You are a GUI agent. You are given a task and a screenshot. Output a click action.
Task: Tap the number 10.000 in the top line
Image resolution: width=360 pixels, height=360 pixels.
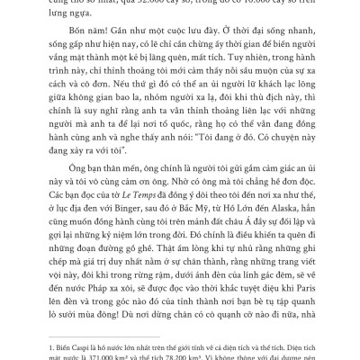pos(242,4)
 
